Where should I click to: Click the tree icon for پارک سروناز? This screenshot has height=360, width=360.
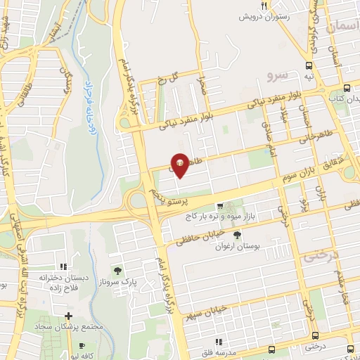[x=117, y=271]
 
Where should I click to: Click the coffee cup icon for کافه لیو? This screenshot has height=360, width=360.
[x=82, y=345]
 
